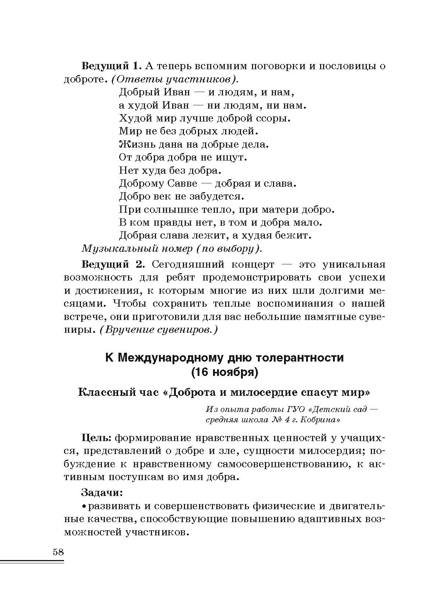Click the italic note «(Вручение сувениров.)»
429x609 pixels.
(159, 330)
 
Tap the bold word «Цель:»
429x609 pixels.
(96, 438)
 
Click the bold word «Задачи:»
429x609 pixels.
(102, 492)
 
